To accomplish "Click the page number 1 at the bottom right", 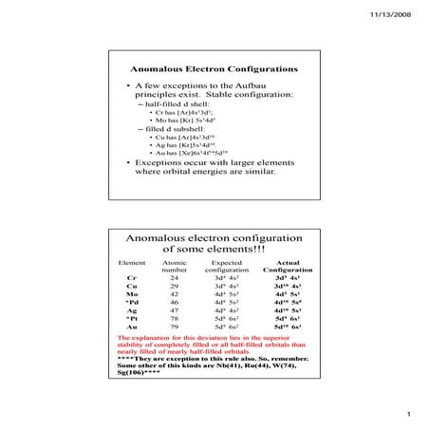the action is (405, 413).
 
